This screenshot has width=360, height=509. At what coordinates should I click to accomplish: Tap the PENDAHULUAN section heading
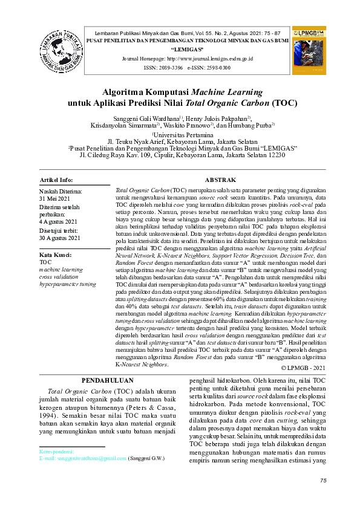pos(107,380)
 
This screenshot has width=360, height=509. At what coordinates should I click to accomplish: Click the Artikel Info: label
pos(56,180)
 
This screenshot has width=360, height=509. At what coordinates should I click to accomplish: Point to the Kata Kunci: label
pos(56,255)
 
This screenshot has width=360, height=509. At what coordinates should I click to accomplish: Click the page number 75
pos(323,480)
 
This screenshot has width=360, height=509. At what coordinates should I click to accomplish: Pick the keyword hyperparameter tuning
pos(67,283)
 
